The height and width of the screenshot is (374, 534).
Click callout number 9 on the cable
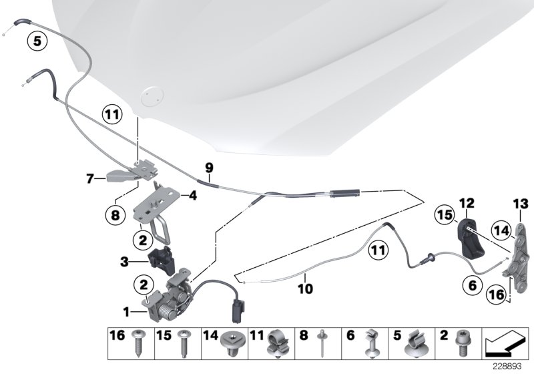208,168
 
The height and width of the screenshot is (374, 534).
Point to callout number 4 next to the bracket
194,197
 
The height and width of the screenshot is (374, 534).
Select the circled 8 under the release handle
115,215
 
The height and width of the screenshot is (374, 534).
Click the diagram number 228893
508,366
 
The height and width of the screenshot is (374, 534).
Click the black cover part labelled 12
470,238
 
